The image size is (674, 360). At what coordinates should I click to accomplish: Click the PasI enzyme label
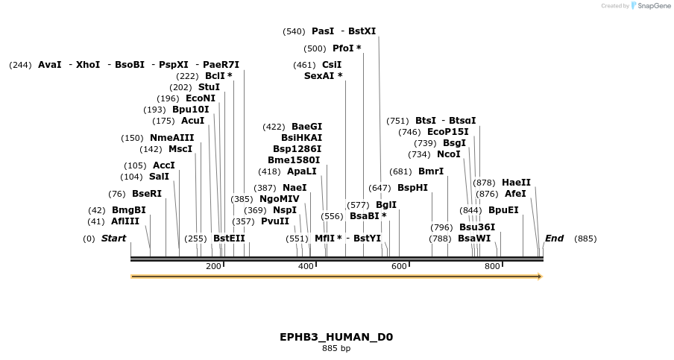[x=323, y=31]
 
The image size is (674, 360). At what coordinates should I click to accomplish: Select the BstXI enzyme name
[x=362, y=31]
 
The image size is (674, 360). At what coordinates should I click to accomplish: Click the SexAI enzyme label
[x=323, y=75]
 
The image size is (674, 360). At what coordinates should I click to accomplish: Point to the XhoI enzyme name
[x=88, y=65]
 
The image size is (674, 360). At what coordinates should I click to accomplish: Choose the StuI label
[x=209, y=87]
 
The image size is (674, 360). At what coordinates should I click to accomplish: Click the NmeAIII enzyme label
[x=171, y=137]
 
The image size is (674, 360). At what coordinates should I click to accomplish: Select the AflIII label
[x=125, y=221]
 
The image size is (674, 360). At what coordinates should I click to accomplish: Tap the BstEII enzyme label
[x=229, y=239]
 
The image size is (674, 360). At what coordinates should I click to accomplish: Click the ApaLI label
[x=302, y=171]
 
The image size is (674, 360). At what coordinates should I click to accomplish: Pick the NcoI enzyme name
[x=449, y=154]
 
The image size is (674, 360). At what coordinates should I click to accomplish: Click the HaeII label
[x=516, y=182]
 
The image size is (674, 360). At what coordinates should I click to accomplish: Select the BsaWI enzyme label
[x=474, y=239]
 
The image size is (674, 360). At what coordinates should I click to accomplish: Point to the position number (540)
[x=294, y=31]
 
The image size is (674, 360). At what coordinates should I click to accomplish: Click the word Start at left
[x=113, y=239]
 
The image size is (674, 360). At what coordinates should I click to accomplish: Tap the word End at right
[x=554, y=239]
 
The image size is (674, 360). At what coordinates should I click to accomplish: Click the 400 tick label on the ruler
[x=306, y=267]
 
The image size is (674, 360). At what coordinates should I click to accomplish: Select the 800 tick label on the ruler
[x=492, y=267]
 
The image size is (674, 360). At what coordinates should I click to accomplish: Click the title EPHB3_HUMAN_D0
[x=336, y=337]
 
